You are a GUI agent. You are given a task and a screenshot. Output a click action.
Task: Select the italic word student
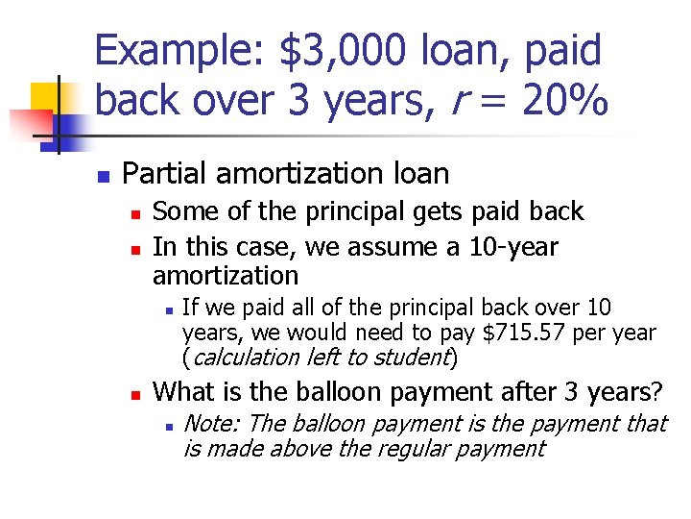[x=418, y=358]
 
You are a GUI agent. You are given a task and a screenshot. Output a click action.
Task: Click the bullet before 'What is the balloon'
[x=136, y=394]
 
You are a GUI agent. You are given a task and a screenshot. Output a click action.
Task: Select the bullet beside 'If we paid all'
[x=168, y=309]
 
